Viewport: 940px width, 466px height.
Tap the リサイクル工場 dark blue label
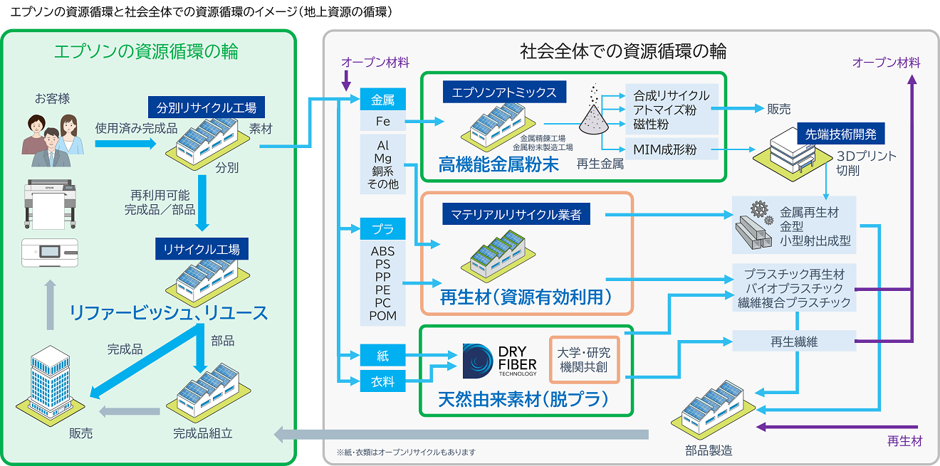[x=202, y=249]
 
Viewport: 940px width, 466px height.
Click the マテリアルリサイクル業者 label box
[x=516, y=213]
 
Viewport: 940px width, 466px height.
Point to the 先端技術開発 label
[x=840, y=133]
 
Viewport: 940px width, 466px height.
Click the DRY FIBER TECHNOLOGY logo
[x=498, y=361]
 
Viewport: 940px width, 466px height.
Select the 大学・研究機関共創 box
[x=585, y=360]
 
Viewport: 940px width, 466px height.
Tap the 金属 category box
[x=382, y=100]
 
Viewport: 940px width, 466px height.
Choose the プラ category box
[x=382, y=230]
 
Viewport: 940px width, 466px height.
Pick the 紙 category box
[x=382, y=355]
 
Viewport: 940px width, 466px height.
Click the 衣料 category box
[x=382, y=381]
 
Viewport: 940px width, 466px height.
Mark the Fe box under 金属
[x=382, y=122]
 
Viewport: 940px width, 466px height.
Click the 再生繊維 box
[x=793, y=341]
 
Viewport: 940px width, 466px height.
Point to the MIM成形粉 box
[x=671, y=149]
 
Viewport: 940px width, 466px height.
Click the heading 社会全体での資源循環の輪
[x=622, y=51]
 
